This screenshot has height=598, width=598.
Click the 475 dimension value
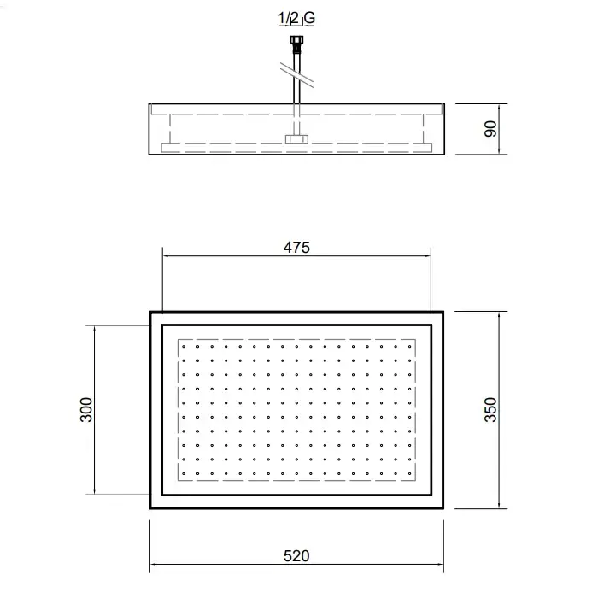point(296,248)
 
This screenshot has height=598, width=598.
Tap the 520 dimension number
point(296,556)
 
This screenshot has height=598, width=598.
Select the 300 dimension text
point(86,409)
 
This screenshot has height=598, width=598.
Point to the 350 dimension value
point(491,409)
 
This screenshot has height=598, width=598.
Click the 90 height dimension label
point(491,129)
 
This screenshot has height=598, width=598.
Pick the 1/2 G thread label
point(296,18)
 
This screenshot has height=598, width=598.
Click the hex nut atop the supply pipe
point(296,39)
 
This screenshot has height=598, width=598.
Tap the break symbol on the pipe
point(296,75)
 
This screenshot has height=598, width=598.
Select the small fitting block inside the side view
point(296,138)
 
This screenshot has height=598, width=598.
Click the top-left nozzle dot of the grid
point(184,347)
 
